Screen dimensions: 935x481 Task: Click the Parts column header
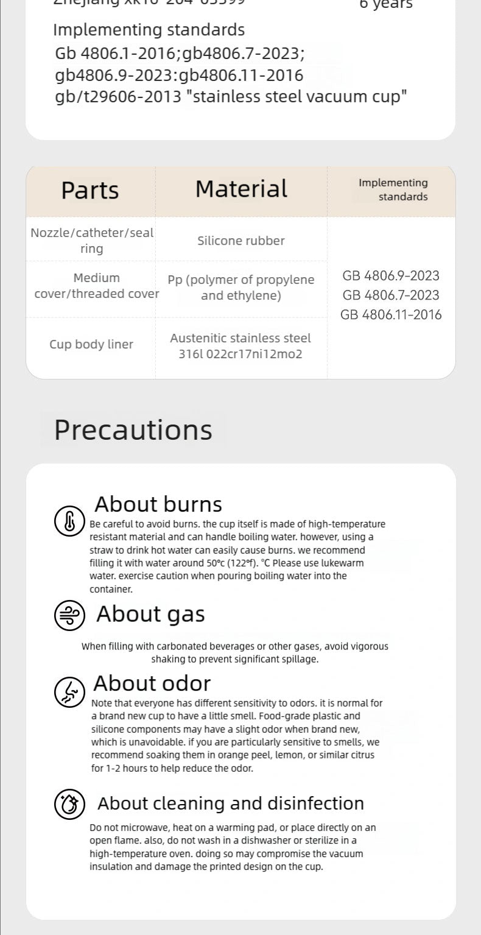coord(90,190)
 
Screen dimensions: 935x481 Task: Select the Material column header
coord(241,189)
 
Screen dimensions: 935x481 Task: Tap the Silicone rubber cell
coord(241,241)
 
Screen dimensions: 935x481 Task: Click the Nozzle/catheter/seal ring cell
coord(92,241)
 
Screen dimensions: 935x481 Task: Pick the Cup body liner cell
coord(91,344)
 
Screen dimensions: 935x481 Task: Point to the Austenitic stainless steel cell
coord(240,346)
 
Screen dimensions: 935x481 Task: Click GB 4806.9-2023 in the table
coord(391,275)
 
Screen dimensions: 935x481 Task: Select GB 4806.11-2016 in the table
coord(391,314)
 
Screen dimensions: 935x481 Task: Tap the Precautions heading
coord(133,429)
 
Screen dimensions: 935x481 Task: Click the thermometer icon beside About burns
coord(69,521)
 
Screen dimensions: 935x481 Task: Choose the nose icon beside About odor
coord(69,691)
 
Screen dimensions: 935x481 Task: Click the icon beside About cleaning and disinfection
coord(69,803)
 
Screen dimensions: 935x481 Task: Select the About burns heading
coord(158,504)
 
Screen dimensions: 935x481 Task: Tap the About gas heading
coord(150,614)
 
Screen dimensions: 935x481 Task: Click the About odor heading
coord(152,683)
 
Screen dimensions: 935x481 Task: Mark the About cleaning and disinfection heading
coord(231,803)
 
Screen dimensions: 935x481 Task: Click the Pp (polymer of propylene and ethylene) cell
coord(241,288)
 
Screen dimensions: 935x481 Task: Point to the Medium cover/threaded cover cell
coord(96,286)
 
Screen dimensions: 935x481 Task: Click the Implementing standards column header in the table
coord(393,189)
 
